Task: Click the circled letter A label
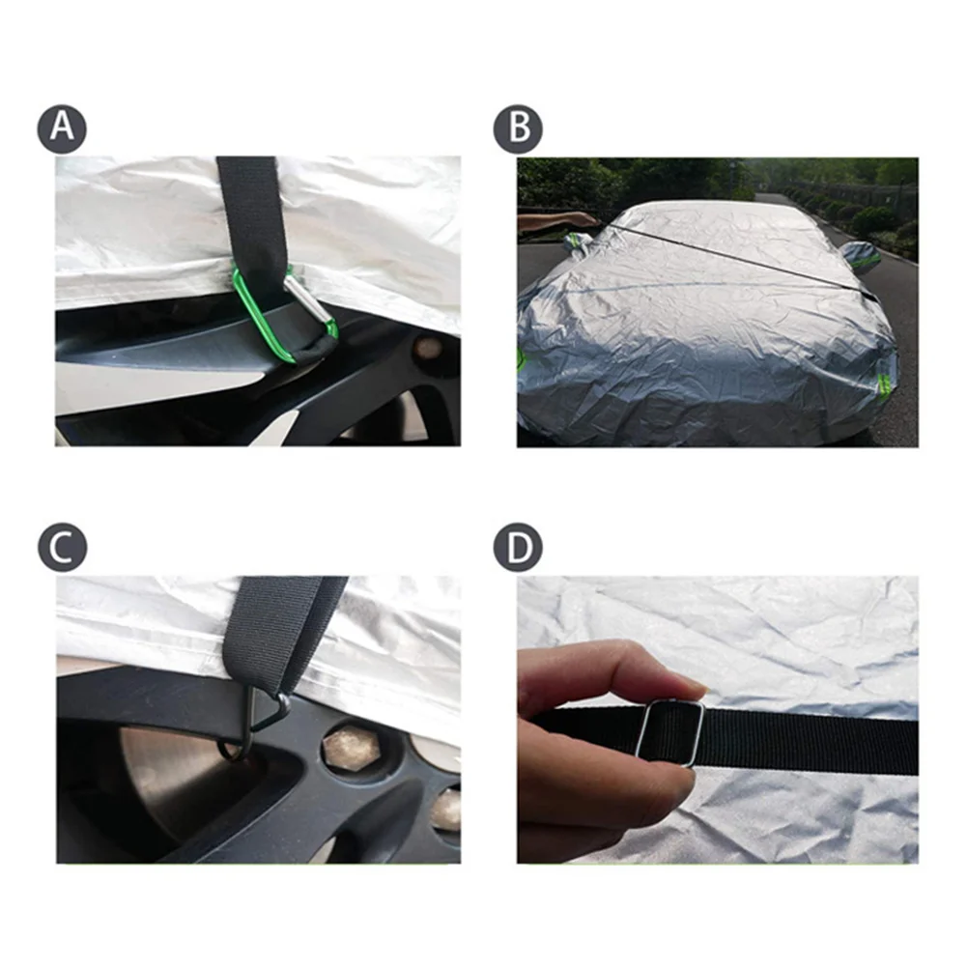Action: point(62,129)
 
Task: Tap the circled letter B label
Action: point(518,129)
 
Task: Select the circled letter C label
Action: point(63,548)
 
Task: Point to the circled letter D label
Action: point(518,548)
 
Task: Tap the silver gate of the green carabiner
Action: point(310,301)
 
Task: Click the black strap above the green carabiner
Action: point(250,213)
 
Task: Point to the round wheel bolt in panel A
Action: point(427,348)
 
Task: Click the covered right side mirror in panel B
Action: point(861,257)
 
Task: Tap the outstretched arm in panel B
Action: point(557,220)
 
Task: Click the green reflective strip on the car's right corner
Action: point(885,386)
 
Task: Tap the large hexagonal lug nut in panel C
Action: point(351,747)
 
